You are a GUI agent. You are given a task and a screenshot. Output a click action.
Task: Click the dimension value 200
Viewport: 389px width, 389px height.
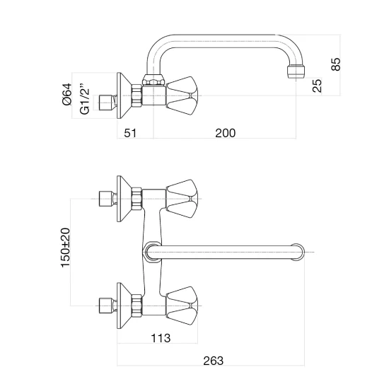pos(225,133)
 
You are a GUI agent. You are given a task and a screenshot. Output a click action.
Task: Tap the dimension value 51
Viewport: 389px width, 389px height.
pos(130,133)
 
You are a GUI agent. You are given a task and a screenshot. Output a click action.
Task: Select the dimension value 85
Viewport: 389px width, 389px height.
pos(336,64)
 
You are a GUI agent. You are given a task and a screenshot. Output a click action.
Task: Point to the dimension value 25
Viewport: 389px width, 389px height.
pos(317,86)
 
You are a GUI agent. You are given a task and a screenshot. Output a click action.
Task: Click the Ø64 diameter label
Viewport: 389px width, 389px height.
pos(67,94)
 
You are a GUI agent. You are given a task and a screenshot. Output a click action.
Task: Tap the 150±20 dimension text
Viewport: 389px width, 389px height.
pos(66,248)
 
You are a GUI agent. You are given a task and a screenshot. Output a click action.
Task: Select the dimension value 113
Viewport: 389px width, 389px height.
pos(161,338)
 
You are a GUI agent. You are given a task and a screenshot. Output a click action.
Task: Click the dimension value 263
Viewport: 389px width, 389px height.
pos(214,361)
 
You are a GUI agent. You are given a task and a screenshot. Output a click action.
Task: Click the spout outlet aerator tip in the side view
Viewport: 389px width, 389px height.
pos(296,71)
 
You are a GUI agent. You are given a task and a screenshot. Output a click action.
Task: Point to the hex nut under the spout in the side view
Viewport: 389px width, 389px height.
pos(153,80)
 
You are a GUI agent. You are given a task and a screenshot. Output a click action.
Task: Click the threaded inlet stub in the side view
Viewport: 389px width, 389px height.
pos(108,103)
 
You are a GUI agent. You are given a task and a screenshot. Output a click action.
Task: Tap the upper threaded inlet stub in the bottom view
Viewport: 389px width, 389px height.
pos(108,199)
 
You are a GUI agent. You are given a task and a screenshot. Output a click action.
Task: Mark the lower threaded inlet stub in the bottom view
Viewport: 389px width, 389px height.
pos(108,306)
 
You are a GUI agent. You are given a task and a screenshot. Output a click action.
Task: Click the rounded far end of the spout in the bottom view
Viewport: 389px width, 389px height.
pos(298,252)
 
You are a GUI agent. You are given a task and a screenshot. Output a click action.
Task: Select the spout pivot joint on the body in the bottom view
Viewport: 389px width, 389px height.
pos(152,252)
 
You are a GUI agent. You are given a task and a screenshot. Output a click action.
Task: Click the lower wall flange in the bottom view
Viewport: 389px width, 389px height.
pos(124,306)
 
